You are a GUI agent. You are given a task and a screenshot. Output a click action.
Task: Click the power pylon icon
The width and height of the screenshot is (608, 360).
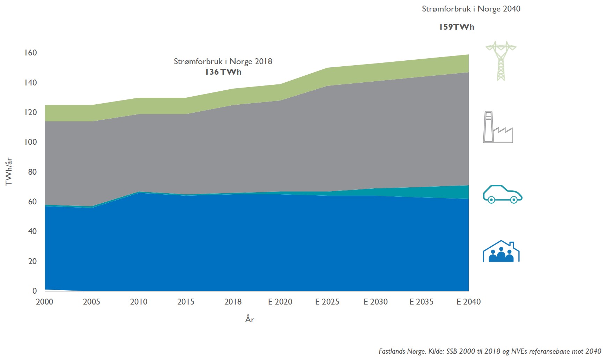pyautogui.click(x=501, y=61)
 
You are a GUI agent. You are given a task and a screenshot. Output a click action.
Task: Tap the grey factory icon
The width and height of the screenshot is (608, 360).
pyautogui.click(x=498, y=127)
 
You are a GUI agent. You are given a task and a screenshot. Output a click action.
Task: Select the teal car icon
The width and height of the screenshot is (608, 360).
pyautogui.click(x=502, y=194)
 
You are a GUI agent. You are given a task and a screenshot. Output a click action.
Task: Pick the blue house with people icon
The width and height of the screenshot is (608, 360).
pyautogui.click(x=501, y=252)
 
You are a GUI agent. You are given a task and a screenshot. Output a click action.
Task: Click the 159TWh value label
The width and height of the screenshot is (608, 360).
pyautogui.click(x=457, y=27)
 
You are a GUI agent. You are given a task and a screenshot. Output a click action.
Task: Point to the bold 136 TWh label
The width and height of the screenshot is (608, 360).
pyautogui.click(x=223, y=72)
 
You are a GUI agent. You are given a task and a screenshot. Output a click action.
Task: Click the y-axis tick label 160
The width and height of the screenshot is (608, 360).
pyautogui.click(x=30, y=53)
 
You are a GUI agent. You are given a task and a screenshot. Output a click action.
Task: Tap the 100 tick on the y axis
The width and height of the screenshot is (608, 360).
pyautogui.click(x=30, y=142)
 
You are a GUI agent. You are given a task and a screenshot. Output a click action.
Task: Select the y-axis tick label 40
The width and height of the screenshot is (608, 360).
pyautogui.click(x=32, y=231)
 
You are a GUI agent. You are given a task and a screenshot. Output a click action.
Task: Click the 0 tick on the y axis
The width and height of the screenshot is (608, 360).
pyautogui.click(x=34, y=291)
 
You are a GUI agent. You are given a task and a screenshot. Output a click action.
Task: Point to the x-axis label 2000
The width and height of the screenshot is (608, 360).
pyautogui.click(x=45, y=302)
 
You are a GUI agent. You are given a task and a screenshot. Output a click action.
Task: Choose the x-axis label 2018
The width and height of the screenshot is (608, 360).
pyautogui.click(x=233, y=302)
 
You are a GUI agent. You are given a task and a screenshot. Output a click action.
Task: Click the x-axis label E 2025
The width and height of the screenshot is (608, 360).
pyautogui.click(x=327, y=302)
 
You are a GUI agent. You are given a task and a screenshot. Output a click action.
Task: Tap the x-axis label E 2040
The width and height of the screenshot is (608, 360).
pyautogui.click(x=468, y=302)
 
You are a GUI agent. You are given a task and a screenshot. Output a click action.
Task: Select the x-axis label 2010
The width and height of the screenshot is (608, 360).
pyautogui.click(x=139, y=302)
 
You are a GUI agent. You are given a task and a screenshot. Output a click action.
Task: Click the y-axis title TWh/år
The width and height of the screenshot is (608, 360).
pyautogui.click(x=9, y=171)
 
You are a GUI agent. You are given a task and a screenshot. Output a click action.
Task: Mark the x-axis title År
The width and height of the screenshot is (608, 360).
pyautogui.click(x=250, y=319)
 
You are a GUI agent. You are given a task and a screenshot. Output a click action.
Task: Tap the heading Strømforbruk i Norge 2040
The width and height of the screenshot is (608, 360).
pyautogui.click(x=471, y=9)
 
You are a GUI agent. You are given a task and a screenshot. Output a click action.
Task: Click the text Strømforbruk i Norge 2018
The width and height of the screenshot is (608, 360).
pyautogui.click(x=223, y=61)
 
